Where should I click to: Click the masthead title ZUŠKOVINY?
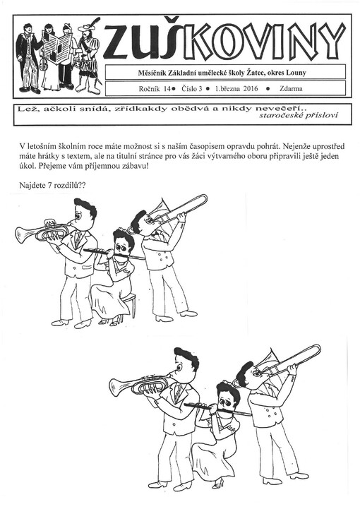224,40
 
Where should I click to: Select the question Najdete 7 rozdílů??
54,185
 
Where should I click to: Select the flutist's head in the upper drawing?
123,242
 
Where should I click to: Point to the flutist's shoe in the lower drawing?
217,484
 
